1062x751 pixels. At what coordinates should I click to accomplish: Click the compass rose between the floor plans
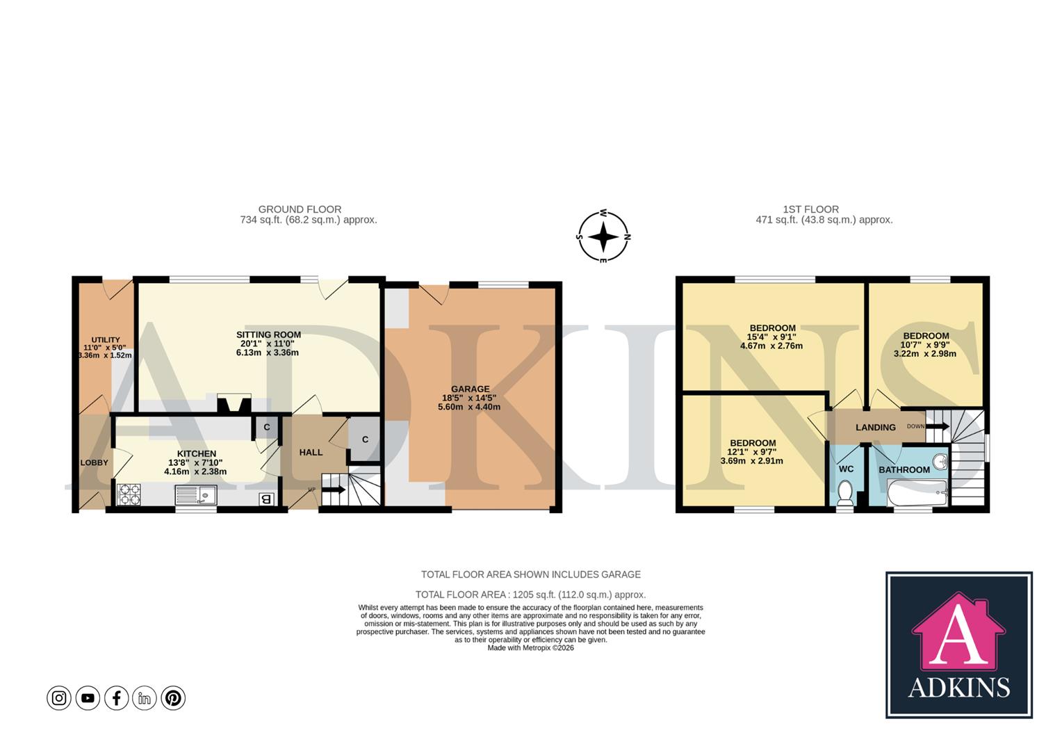coord(603,236)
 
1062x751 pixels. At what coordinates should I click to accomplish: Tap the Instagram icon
coord(59,697)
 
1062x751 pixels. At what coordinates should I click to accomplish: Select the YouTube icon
coord(88,697)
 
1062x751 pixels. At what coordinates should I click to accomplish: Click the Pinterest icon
coord(173,697)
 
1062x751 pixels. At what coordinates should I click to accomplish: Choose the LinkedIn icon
coord(145,697)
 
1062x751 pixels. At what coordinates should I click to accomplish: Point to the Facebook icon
coord(116,697)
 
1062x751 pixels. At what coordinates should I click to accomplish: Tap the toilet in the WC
coord(846,492)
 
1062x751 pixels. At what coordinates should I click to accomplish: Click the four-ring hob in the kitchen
coord(129,494)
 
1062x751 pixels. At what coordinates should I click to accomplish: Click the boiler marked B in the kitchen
coord(265,499)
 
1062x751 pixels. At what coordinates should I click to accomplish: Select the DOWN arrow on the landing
coord(936,426)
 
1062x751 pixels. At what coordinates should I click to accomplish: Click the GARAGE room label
coord(470,389)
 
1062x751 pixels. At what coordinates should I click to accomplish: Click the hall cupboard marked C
coord(364,439)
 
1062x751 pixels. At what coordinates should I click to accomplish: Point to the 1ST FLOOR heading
coord(810,209)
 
